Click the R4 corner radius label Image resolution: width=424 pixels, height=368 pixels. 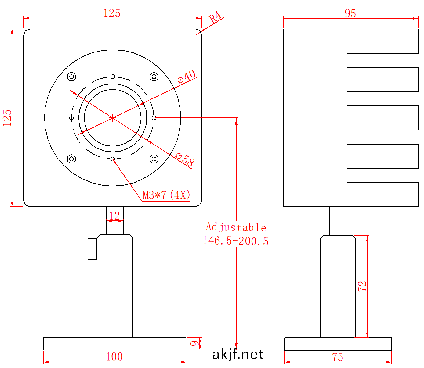coord(216,17)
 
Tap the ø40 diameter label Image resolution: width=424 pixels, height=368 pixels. coord(187,76)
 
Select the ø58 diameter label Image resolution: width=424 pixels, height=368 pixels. coord(185,159)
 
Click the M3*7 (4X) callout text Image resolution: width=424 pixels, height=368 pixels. coord(166,195)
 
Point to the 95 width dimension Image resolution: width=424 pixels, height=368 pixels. coord(350,13)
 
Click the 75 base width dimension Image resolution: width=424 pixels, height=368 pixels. coord(338,357)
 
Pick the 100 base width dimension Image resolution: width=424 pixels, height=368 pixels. coord(114,357)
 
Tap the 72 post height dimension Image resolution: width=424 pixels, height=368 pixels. coord(362,286)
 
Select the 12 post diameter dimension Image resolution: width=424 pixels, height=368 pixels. coord(114,216)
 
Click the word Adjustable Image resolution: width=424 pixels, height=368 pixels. coord(236,227)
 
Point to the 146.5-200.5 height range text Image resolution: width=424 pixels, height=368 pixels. coord(235,241)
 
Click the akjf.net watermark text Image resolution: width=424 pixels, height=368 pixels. coord(237,354)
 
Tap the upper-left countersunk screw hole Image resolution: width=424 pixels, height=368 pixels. coord(71,76)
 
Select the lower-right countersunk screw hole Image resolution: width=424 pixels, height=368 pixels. coord(154,159)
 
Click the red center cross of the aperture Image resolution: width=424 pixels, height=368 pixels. coord(113,118)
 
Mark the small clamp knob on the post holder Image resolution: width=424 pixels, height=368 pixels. coord(92,249)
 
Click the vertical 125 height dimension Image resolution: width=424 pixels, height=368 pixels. coord(7,118)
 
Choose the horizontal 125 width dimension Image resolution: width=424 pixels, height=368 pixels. coord(112,13)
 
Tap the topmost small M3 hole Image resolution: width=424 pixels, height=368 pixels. coord(113,77)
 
